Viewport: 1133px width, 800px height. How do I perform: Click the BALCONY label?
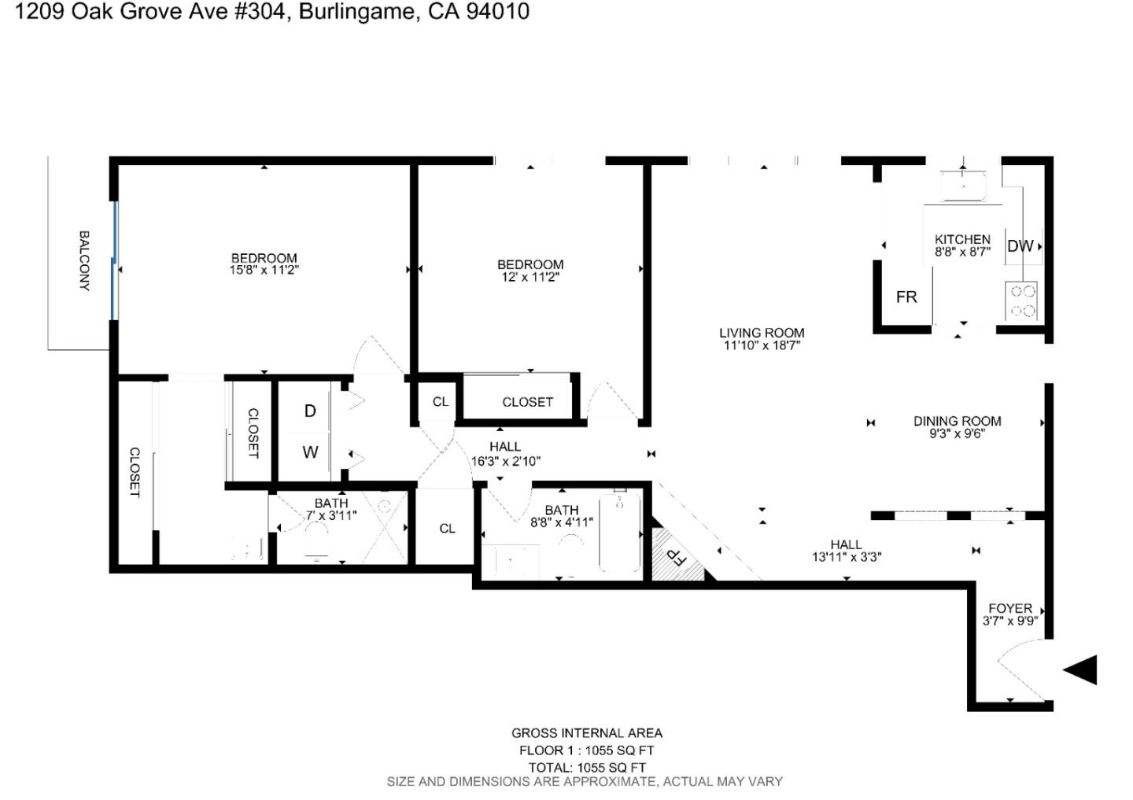point(84,260)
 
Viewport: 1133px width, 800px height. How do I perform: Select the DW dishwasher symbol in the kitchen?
point(1020,246)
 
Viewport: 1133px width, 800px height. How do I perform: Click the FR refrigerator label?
point(906,297)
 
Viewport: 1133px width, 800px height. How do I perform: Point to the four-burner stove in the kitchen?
point(1022,300)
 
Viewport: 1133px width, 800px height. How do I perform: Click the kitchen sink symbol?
point(963,186)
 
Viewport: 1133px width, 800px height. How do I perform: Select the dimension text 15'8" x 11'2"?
point(264,270)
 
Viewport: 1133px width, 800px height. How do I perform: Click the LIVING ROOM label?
point(762,333)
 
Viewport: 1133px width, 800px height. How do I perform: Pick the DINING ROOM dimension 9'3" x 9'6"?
point(957,433)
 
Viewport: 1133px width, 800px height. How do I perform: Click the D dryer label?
point(310,411)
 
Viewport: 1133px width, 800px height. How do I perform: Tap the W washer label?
point(310,452)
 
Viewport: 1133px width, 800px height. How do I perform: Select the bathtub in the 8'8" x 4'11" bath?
point(619,532)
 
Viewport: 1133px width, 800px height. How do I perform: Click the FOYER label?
point(1010,608)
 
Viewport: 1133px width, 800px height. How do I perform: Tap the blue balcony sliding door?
point(115,260)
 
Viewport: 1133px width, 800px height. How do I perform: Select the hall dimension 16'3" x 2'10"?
point(505,462)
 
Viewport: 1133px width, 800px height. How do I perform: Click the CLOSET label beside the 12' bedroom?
point(527,402)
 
